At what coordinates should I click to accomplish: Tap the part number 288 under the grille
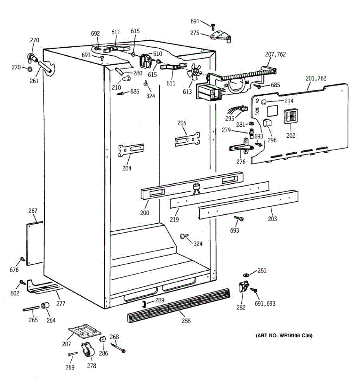pyautogui.click(x=186, y=321)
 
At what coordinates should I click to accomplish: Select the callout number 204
pyautogui.click(x=127, y=168)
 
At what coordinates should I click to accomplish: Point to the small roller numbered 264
pyautogui.click(x=45, y=307)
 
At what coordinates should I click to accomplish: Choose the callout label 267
pyautogui.click(x=33, y=211)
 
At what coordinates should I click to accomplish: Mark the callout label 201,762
pyautogui.click(x=316, y=78)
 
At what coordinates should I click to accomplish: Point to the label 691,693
pyautogui.click(x=265, y=303)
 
